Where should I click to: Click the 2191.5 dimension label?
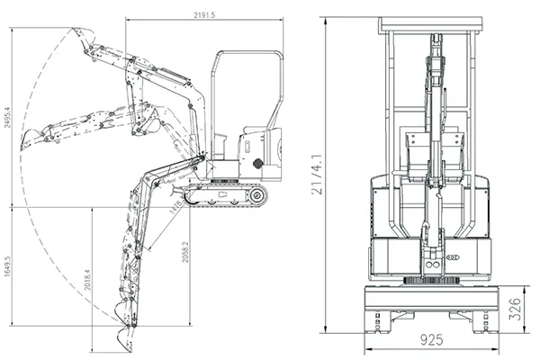(x=209, y=13)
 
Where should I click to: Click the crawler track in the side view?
(x=225, y=194)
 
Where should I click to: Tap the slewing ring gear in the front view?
(x=434, y=282)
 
